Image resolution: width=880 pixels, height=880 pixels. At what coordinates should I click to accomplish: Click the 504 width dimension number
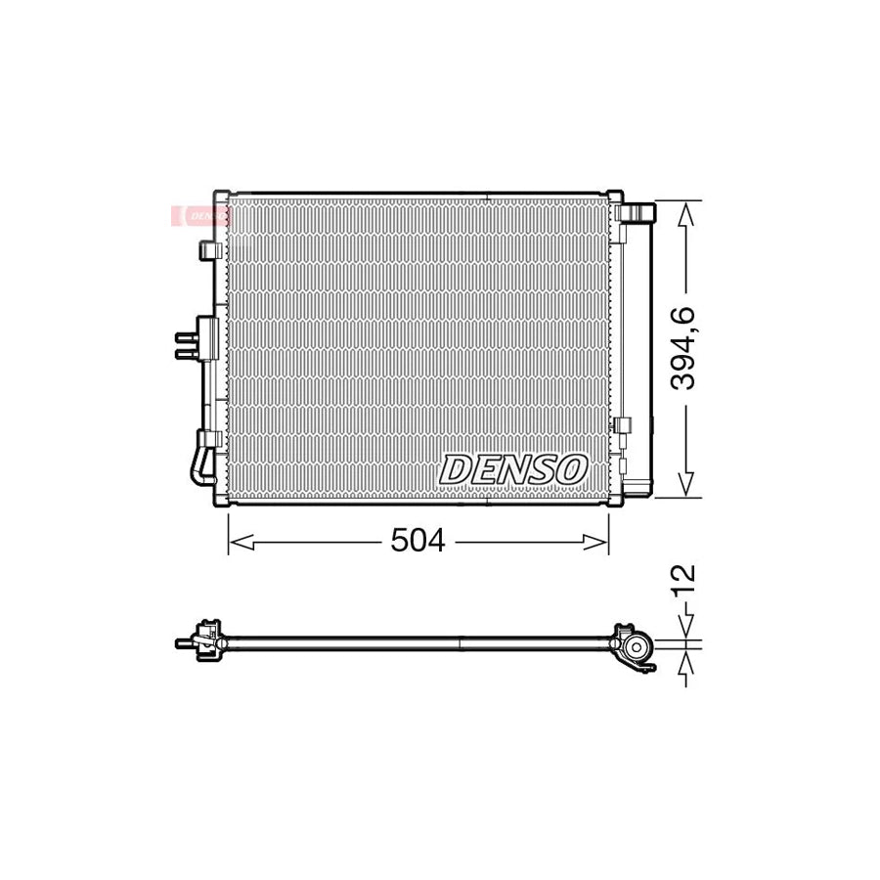[418, 541]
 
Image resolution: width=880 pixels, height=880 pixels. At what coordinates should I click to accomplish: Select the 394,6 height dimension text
[683, 348]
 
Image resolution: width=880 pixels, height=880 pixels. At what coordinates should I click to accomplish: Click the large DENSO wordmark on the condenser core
[513, 469]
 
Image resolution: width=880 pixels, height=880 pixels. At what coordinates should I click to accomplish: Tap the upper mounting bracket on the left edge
[207, 250]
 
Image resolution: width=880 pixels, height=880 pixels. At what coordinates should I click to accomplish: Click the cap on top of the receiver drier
[638, 213]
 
